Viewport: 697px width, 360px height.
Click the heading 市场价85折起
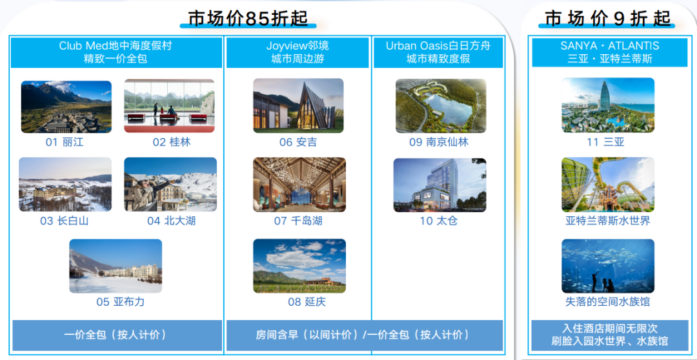(248, 18)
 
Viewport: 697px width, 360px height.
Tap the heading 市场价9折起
(607, 19)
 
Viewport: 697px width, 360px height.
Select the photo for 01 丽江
(66, 106)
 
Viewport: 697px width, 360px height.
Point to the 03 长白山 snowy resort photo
(65, 185)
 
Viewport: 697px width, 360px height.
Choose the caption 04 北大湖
(171, 221)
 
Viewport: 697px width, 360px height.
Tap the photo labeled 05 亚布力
(116, 266)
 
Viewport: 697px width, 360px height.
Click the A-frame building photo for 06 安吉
(298, 106)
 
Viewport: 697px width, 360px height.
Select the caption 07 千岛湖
(298, 221)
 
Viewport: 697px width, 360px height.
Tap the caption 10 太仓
(439, 221)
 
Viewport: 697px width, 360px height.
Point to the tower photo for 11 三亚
(608, 105)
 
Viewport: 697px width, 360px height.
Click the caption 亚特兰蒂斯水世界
(608, 221)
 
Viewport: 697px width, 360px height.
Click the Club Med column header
(116, 52)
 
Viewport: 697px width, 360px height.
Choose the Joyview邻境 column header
(298, 52)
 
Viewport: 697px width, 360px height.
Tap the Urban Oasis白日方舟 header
(438, 52)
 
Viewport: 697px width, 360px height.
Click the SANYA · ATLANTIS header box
(610, 52)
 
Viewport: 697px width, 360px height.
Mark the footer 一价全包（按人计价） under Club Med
(116, 335)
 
